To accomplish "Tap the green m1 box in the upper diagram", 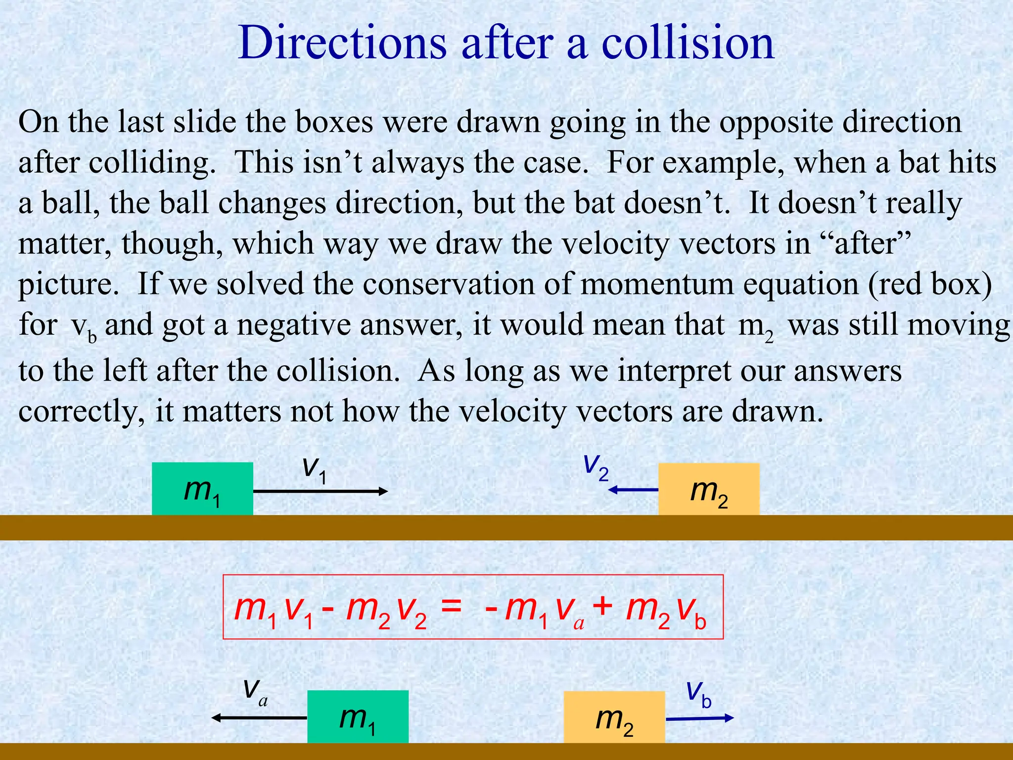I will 202,489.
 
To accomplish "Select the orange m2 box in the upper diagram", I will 708,489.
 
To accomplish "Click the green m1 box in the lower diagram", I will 358,716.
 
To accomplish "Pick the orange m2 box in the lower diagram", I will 614,717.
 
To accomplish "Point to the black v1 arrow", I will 320,491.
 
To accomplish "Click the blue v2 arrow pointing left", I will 633,490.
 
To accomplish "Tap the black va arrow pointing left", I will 260,717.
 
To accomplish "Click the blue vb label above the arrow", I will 699,694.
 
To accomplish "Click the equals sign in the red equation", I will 451,607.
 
